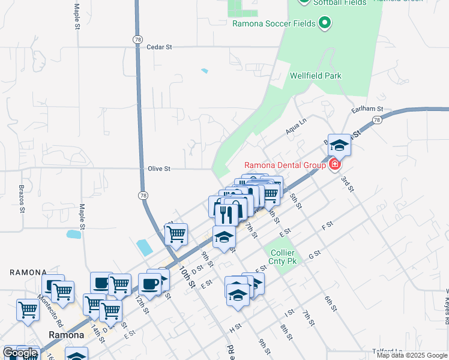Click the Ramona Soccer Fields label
[274, 23]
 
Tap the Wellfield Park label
[315, 76]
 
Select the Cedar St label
[159, 46]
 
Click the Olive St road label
[159, 169]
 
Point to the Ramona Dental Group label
[285, 165]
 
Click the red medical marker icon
[334, 164]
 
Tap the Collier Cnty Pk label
[283, 257]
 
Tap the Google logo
[20, 353]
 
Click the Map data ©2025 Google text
[412, 355]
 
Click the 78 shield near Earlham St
[376, 120]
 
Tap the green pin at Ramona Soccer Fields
[325, 23]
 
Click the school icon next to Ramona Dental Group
[339, 145]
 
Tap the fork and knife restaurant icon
[226, 214]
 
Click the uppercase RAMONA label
[28, 272]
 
